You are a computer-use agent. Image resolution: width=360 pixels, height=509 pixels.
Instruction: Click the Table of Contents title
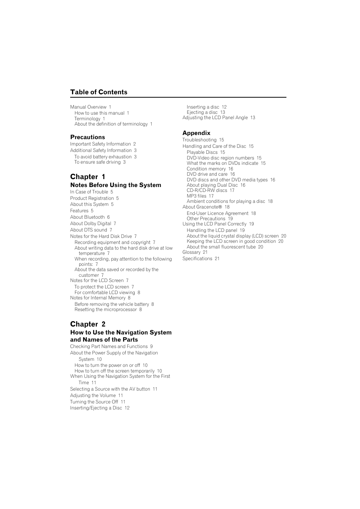coord(98,92)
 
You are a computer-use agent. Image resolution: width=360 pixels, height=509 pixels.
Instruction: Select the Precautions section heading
coord(88,137)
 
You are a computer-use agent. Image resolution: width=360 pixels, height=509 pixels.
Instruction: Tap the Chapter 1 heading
coord(88,177)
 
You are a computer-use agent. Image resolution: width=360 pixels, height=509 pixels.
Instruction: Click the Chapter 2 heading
coord(88,324)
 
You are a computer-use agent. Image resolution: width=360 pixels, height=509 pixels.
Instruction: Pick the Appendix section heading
coord(196,133)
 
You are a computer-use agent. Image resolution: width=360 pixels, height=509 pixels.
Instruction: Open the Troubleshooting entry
coord(199,140)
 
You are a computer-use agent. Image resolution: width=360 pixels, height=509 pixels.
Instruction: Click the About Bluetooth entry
coord(87,217)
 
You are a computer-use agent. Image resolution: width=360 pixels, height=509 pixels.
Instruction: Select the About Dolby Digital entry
coord(91,224)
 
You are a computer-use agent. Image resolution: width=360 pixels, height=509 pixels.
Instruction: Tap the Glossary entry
coord(191,252)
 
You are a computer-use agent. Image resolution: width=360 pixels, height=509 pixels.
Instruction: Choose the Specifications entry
coord(197,259)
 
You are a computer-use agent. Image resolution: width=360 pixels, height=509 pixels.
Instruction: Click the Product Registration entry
coord(92,198)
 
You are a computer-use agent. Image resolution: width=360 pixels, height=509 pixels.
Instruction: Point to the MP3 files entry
coord(197,196)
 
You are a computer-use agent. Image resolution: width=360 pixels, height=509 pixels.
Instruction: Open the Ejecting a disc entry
coord(202,112)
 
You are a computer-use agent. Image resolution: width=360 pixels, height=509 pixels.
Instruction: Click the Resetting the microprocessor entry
coord(106,310)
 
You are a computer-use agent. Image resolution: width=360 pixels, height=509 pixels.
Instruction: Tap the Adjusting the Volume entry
coord(93,396)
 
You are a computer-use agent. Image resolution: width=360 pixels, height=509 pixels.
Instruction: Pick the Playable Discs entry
coord(202,152)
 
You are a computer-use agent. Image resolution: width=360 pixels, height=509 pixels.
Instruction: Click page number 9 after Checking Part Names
coord(151,346)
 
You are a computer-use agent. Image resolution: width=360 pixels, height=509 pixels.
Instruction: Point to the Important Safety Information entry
coord(100,144)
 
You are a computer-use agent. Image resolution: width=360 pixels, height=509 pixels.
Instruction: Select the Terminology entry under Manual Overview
coord(87,119)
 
